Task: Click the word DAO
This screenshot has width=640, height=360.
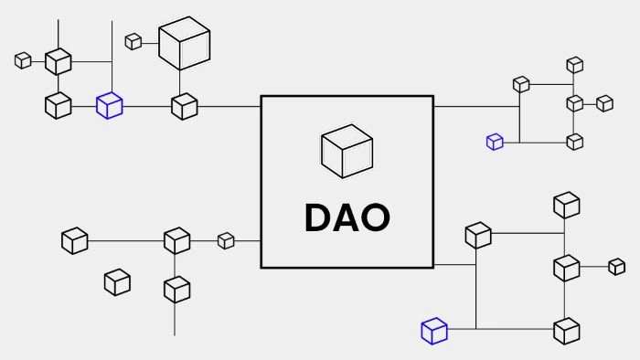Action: [x=347, y=217]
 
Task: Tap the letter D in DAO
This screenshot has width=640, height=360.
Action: [x=317, y=217]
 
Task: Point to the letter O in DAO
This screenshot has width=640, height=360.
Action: [x=376, y=217]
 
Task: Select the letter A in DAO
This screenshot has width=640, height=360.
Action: [x=346, y=217]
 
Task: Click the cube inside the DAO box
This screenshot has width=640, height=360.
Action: [x=347, y=152]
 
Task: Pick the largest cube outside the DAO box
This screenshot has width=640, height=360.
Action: [x=185, y=43]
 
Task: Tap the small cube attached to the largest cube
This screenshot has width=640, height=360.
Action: [x=133, y=42]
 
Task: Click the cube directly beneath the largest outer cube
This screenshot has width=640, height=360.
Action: [x=185, y=106]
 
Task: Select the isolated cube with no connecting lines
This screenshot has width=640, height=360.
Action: [x=118, y=282]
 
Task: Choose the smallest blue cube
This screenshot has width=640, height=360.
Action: [x=496, y=142]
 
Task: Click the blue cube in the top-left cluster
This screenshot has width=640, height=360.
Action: [x=110, y=106]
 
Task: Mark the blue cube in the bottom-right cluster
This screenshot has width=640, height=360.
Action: [x=434, y=331]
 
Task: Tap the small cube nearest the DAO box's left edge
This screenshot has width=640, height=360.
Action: [x=226, y=241]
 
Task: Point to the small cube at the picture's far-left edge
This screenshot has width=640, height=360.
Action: [x=23, y=60]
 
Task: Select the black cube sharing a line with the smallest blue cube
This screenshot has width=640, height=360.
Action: [x=575, y=142]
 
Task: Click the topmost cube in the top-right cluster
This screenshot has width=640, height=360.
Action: [x=575, y=65]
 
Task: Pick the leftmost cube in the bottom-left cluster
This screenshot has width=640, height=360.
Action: [x=75, y=241]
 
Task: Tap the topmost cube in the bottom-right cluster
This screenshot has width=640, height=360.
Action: [x=567, y=205]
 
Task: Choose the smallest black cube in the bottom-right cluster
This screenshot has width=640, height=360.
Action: [x=617, y=267]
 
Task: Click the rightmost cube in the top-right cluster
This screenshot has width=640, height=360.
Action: [x=605, y=103]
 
